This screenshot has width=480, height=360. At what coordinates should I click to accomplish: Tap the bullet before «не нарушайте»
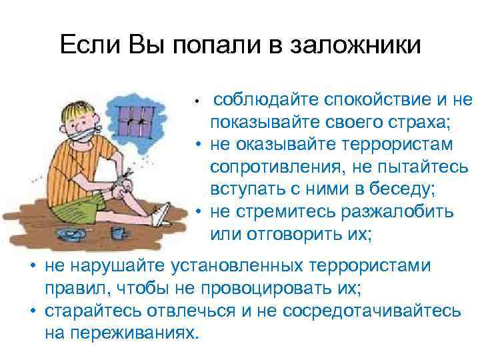tap(31, 267)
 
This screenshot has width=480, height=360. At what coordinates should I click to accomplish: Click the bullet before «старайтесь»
tap(31, 311)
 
